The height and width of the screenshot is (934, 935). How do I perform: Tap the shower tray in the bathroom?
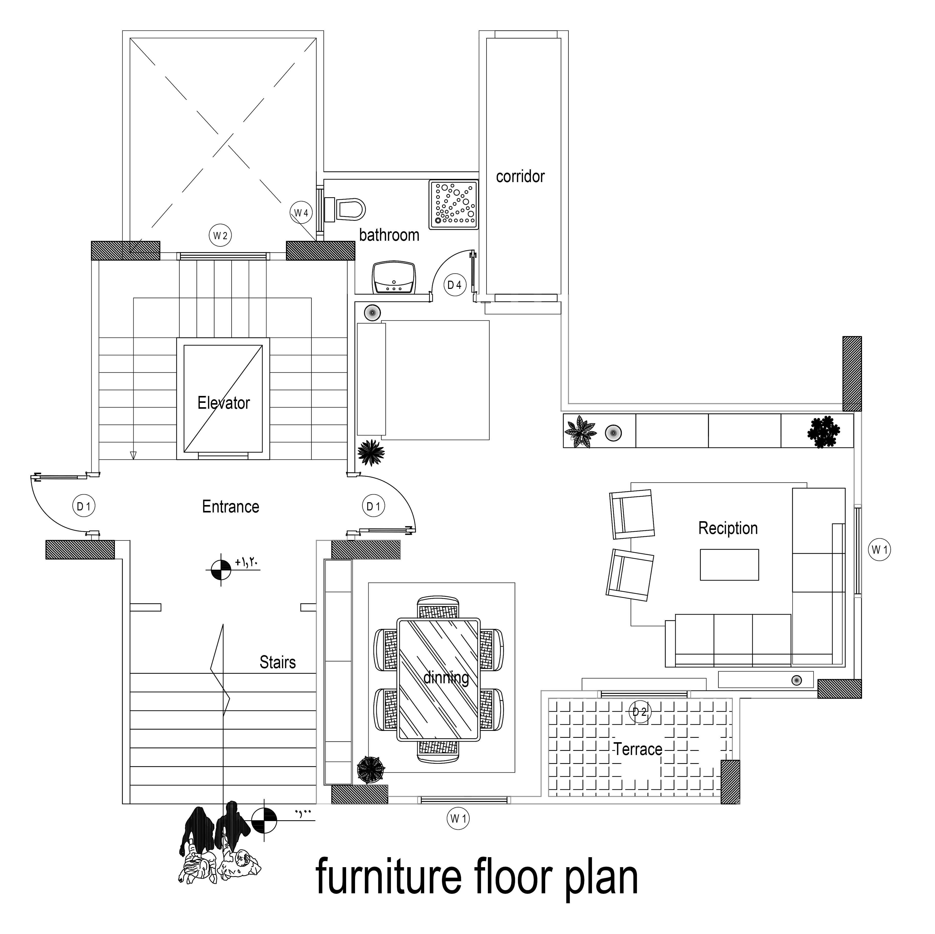[454, 204]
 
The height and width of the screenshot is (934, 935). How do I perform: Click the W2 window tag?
[220, 236]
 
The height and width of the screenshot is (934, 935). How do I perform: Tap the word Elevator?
[224, 403]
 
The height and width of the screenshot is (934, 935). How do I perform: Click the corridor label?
[520, 177]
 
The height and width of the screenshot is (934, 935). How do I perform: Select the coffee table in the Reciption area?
[729, 564]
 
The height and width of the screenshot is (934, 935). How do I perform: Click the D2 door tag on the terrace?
[640, 712]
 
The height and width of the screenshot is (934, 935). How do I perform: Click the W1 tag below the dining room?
[458, 819]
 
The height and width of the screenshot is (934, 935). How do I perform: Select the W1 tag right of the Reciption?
[879, 550]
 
